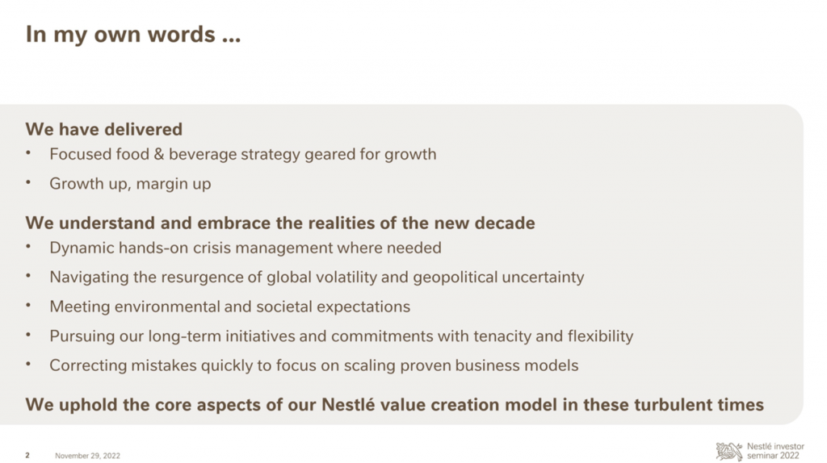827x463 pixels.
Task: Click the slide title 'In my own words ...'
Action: point(133,35)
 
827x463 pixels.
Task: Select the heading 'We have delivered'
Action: point(104,129)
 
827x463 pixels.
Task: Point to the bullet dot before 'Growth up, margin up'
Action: point(28,182)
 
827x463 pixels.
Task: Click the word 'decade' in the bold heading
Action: point(504,223)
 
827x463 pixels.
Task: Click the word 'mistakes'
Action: point(163,365)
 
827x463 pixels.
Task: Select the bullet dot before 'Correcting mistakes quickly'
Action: point(28,364)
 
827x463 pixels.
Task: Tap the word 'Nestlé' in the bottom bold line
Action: point(348,405)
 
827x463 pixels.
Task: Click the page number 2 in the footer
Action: point(27,456)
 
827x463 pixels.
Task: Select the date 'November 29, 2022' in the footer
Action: point(87,456)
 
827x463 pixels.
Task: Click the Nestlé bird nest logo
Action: point(729,451)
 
